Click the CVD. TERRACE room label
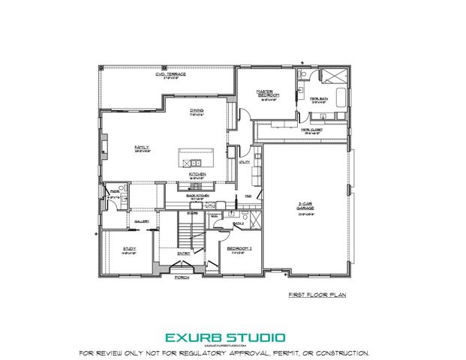[170, 74]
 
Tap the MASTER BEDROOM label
[270, 94]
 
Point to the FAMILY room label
[142, 147]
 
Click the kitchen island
[196, 157]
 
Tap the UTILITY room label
[243, 161]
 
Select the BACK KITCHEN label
[197, 194]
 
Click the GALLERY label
[141, 222]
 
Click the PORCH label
[182, 277]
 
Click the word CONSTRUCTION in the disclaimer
[342, 352]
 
